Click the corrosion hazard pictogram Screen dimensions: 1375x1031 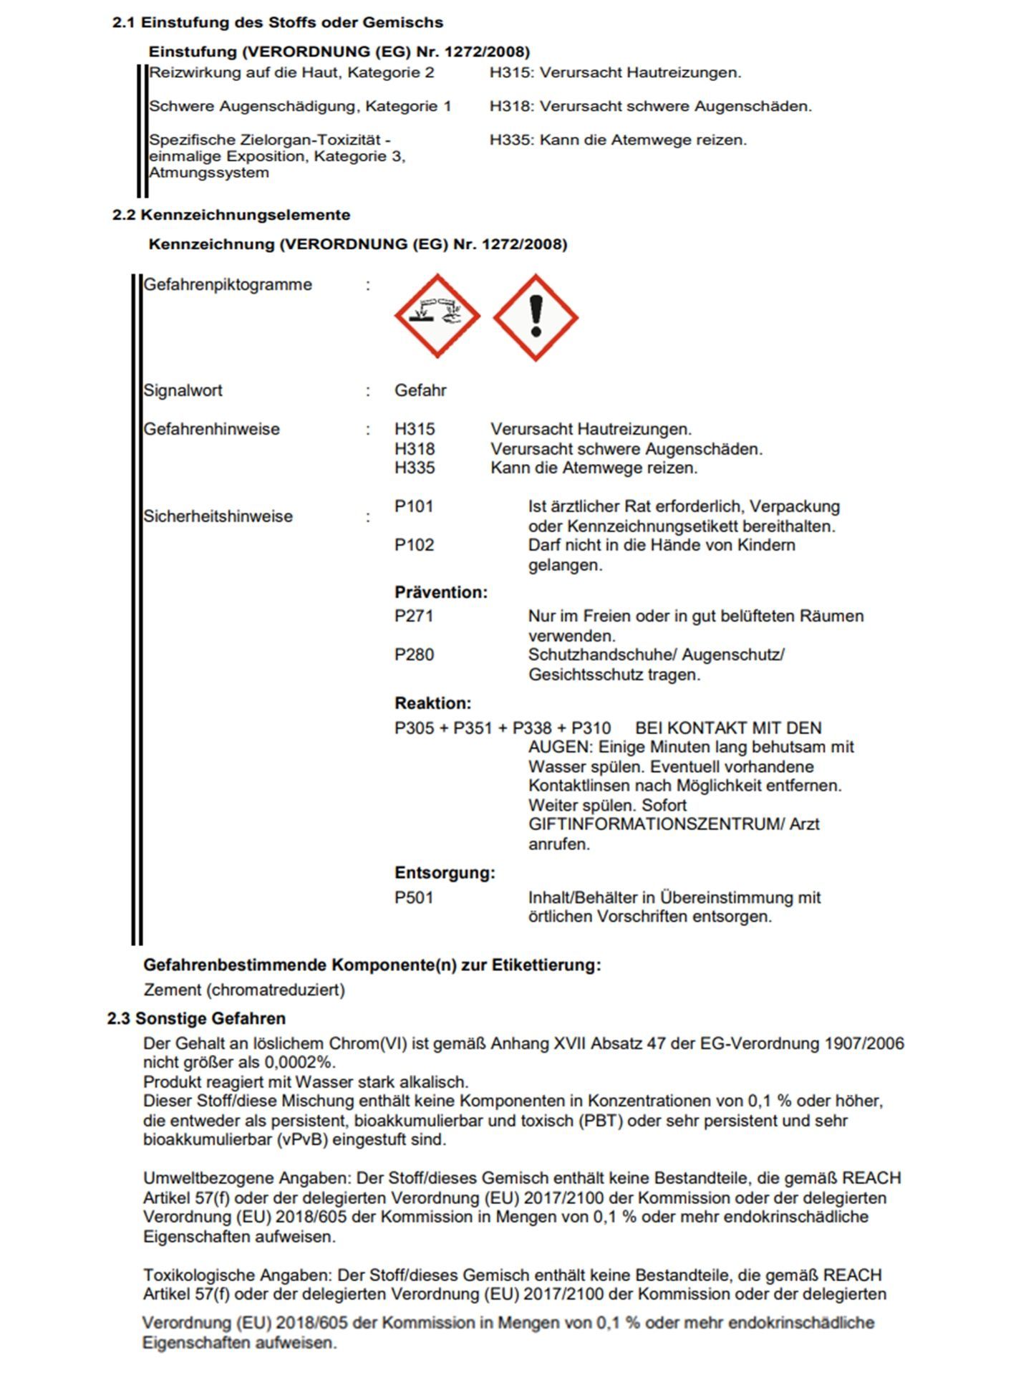click(x=437, y=316)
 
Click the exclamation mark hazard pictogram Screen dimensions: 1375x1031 click(x=536, y=317)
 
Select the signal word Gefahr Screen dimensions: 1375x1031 click(x=420, y=390)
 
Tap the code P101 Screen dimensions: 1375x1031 click(x=414, y=506)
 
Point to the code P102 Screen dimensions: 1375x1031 click(x=414, y=545)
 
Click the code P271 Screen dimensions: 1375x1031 click(x=414, y=616)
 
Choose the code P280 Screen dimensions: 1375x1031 click(x=414, y=655)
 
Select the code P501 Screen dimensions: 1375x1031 click(x=414, y=897)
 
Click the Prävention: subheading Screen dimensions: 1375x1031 click(x=440, y=592)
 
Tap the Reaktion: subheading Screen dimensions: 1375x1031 click(x=432, y=703)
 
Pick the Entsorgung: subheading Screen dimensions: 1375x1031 click(x=445, y=873)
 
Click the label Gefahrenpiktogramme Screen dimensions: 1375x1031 click(x=228, y=284)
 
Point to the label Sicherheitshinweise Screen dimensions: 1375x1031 click(x=218, y=516)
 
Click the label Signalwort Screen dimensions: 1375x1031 click(x=183, y=390)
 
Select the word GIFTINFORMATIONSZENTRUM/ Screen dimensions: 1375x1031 click(x=656, y=824)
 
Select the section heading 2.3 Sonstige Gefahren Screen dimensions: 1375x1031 click(x=196, y=1018)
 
